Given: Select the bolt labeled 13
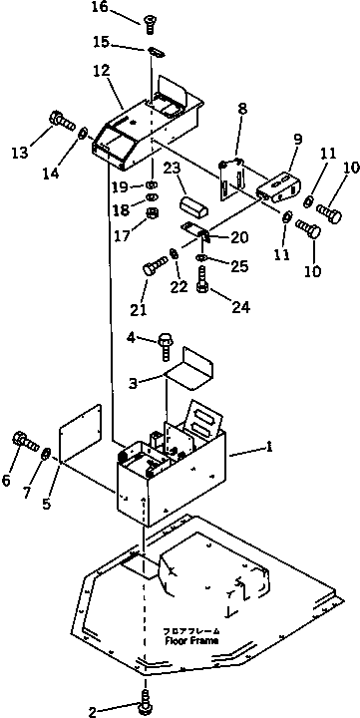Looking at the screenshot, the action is (x=62, y=121).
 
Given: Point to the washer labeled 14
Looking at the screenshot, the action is (x=84, y=133).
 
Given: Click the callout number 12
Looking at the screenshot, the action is (x=101, y=71).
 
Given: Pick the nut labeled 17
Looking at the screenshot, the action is (x=152, y=213).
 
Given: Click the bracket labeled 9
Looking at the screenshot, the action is (x=277, y=187).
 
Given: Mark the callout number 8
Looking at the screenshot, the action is (x=242, y=109).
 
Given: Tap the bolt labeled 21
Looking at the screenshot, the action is (x=156, y=266).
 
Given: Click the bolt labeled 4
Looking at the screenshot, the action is (x=166, y=345).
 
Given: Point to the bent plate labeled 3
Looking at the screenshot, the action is (x=189, y=369).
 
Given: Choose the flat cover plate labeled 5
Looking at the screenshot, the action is (x=81, y=434).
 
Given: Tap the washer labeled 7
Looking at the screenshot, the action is (x=46, y=455).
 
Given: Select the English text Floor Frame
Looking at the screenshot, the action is (x=191, y=640).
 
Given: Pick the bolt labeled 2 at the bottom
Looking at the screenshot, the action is (x=147, y=701).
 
